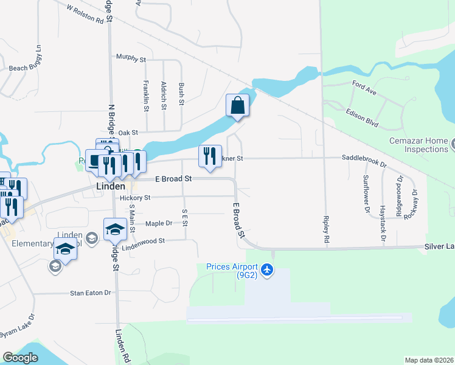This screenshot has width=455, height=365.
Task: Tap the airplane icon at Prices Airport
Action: [x=267, y=269]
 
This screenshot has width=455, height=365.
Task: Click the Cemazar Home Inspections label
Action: [x=419, y=145]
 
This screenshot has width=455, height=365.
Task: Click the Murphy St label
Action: [x=131, y=60]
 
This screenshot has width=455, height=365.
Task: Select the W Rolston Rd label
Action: [x=85, y=15]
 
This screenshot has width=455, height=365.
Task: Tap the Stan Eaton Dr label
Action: [x=91, y=293]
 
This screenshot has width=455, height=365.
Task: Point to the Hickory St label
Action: [x=135, y=198]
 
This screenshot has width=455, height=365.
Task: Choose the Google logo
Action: [x=21, y=358]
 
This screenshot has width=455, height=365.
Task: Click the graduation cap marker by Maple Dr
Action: [x=114, y=229]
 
